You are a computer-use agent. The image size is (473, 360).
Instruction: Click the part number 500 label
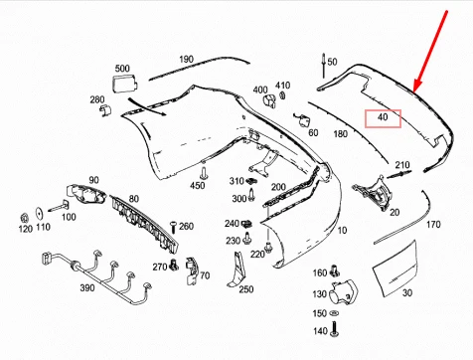[x=123, y=69]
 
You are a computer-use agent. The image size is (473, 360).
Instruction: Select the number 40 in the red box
[x=382, y=118]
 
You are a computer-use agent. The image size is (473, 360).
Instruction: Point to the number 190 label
[x=186, y=60]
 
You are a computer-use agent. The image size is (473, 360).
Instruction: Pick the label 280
[x=97, y=100]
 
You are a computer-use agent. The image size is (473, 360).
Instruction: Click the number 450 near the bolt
[x=198, y=185]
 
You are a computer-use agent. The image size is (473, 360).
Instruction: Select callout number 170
[x=433, y=225]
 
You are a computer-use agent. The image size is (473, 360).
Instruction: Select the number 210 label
[x=401, y=165]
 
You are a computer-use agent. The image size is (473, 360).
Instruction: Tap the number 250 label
[x=245, y=289]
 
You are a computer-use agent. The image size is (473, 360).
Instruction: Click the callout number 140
[x=319, y=330]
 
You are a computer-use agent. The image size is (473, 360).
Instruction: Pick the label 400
[x=260, y=89]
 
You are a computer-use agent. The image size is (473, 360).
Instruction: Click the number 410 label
[x=283, y=85]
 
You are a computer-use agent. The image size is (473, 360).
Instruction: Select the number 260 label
[x=186, y=227]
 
